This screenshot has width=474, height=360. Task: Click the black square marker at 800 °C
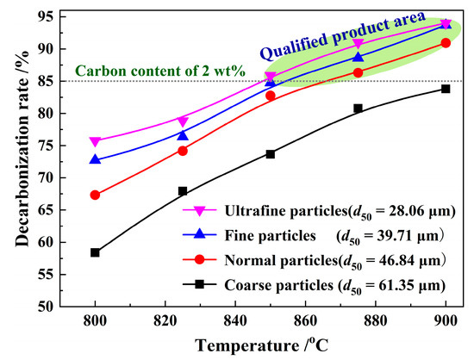point(95,252)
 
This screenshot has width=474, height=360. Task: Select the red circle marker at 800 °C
point(95,195)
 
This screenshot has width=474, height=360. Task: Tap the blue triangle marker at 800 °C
point(95,159)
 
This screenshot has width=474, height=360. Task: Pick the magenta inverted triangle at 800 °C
point(95,141)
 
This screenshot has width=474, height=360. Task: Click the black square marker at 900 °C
point(446,89)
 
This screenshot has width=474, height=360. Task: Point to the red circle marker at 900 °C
point(446,43)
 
